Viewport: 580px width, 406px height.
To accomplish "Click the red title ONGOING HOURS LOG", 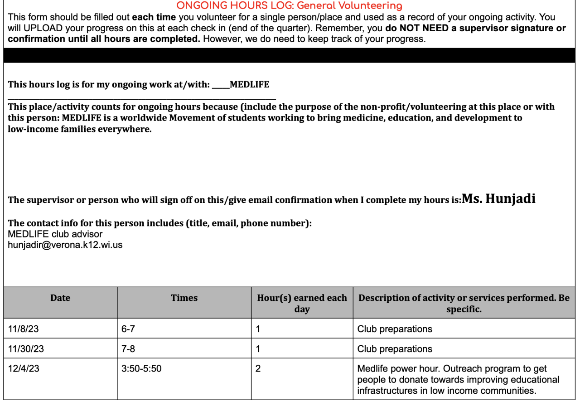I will point(289,6).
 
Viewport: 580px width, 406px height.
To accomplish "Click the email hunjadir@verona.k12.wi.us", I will point(65,245).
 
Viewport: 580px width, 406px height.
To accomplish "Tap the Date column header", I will point(60,298).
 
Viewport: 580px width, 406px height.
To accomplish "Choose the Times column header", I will point(184,298).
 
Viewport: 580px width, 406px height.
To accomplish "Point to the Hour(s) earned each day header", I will point(302,303).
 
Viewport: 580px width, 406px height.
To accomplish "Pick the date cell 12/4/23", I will point(24,369).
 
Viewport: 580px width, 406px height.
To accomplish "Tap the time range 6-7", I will point(128,329).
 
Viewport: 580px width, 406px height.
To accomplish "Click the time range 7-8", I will point(128,349).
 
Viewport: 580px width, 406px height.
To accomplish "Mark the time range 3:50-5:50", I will point(141,369).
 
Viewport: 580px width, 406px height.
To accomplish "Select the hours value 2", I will point(258,369).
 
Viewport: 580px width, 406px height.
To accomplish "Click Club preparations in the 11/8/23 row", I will point(395,329).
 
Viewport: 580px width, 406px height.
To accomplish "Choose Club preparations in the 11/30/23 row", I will point(395,349).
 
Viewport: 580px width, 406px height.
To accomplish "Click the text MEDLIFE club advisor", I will point(55,234).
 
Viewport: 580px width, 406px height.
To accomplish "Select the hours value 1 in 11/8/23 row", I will point(258,329).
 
